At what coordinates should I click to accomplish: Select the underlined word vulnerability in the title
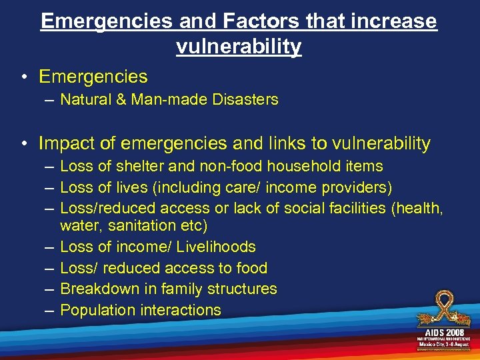tap(239, 47)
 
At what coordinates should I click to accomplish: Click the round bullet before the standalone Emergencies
tap(24, 77)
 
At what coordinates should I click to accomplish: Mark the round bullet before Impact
tap(24, 143)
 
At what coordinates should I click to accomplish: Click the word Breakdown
tap(99, 289)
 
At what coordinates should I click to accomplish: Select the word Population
tap(97, 310)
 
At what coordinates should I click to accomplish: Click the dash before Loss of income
tap(50, 247)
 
